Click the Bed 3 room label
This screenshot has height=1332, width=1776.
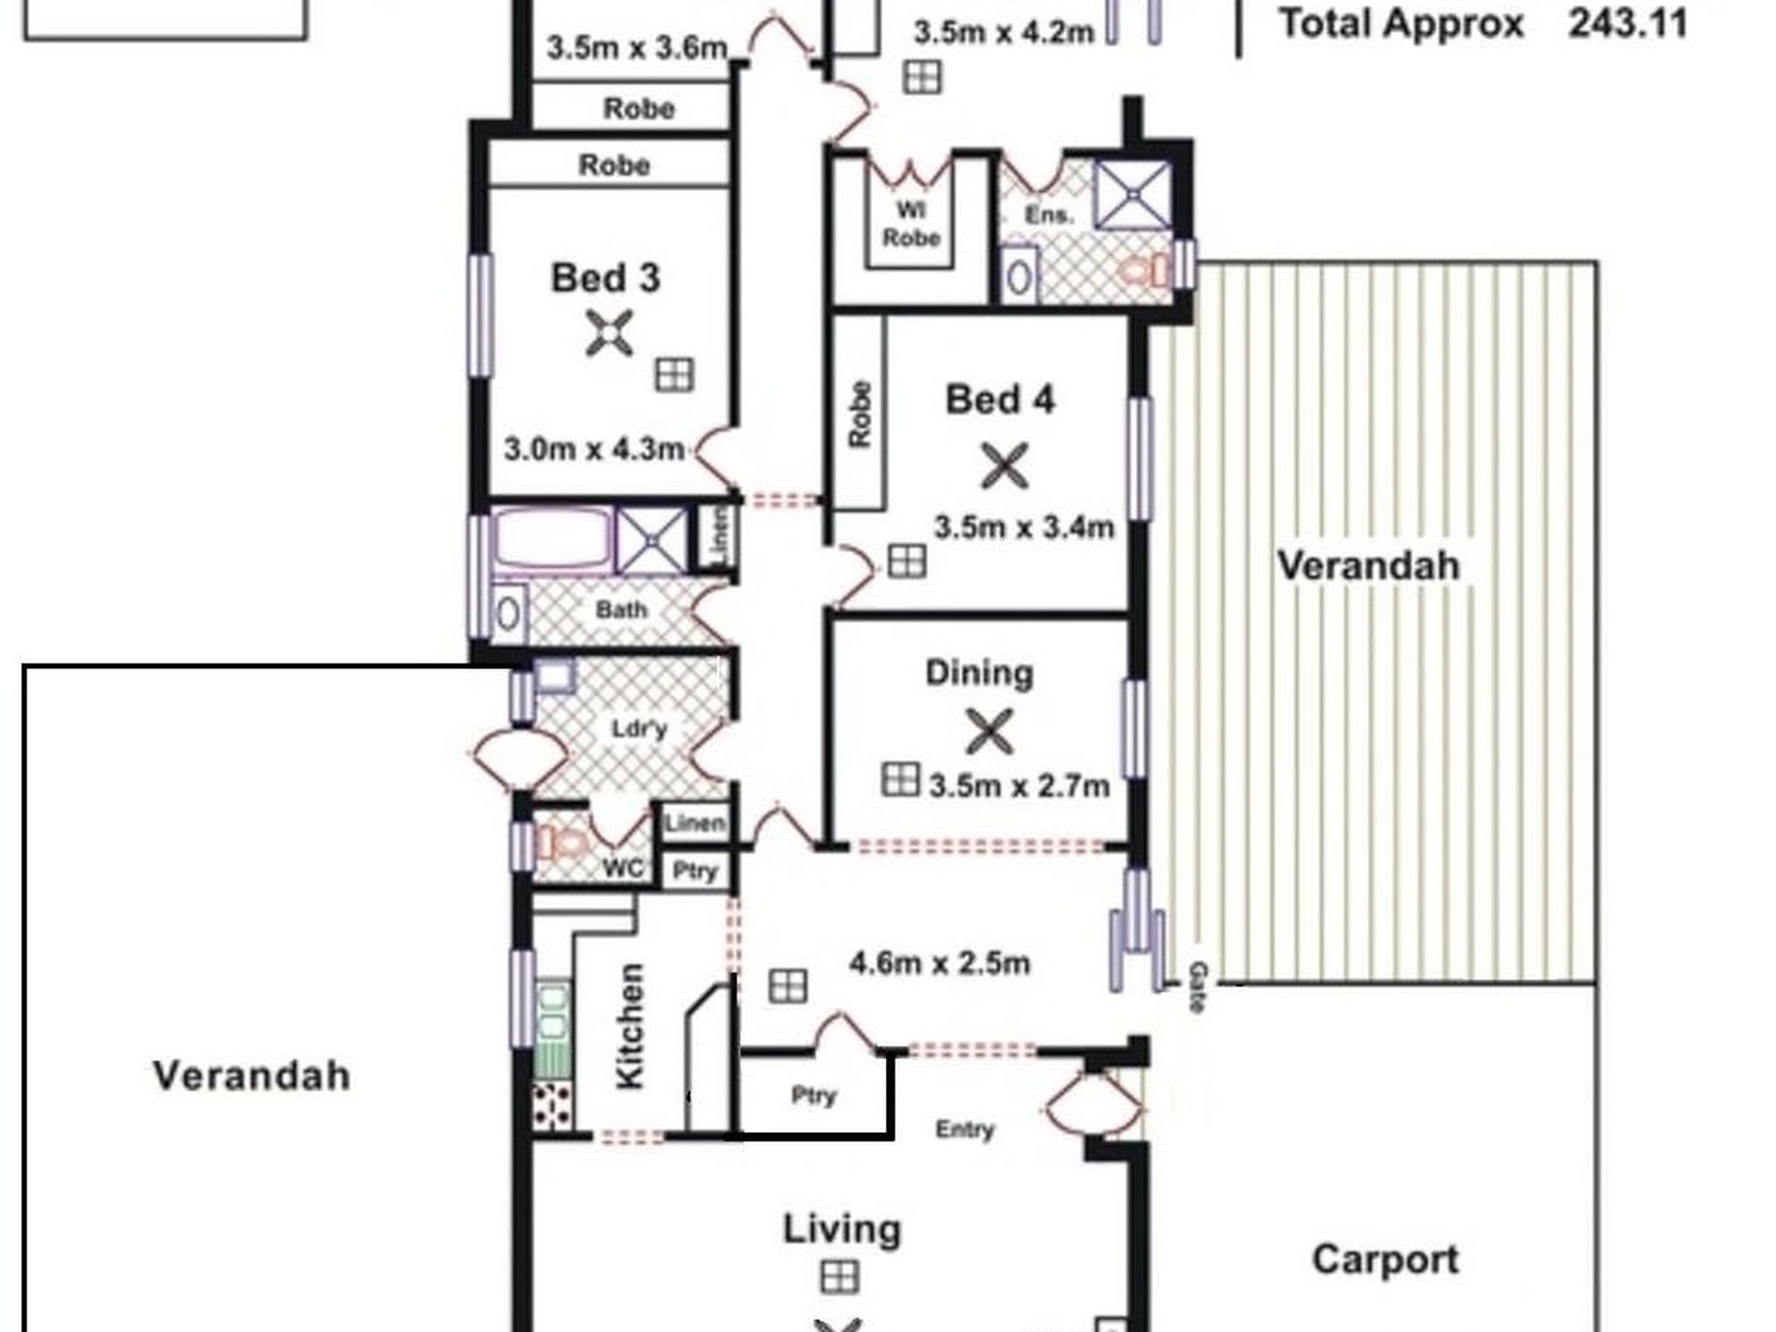606,279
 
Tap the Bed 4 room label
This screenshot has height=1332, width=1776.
1000,400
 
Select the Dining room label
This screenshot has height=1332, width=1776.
980,673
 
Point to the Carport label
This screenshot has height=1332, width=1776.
1385,1259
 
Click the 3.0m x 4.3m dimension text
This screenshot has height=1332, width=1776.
594,450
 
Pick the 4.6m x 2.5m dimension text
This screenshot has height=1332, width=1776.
939,962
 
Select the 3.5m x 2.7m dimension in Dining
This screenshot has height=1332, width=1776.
1019,785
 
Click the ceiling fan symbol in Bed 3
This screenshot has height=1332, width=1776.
609,334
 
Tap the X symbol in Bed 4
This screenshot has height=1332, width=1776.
1005,465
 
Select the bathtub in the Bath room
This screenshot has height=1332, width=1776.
552,540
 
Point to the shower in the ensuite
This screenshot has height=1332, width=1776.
1133,195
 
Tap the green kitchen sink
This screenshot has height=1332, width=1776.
552,1026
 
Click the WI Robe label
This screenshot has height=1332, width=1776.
910,223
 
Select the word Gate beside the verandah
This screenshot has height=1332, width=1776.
1197,987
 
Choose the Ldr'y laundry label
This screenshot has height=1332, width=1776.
639,728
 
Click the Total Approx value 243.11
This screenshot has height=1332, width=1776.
1628,23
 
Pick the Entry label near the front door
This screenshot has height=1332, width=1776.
965,1130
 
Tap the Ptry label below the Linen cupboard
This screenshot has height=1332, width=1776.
695,871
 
